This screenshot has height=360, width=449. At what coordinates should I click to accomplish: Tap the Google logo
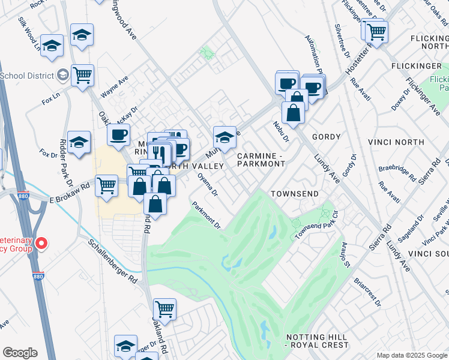pyautogui.click(x=20, y=353)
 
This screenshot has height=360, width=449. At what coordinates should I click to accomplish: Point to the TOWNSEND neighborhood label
pyautogui.click(x=293, y=194)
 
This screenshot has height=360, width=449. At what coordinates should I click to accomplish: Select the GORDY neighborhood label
pyautogui.click(x=325, y=137)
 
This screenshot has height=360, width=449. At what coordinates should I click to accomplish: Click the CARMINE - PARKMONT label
pyautogui.click(x=261, y=160)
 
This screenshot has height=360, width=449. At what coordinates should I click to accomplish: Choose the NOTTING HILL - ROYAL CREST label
pyautogui.click(x=317, y=341)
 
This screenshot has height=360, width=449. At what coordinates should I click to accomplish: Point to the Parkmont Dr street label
pyautogui.click(x=207, y=215)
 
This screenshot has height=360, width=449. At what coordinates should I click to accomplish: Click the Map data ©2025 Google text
pyautogui.click(x=412, y=355)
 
